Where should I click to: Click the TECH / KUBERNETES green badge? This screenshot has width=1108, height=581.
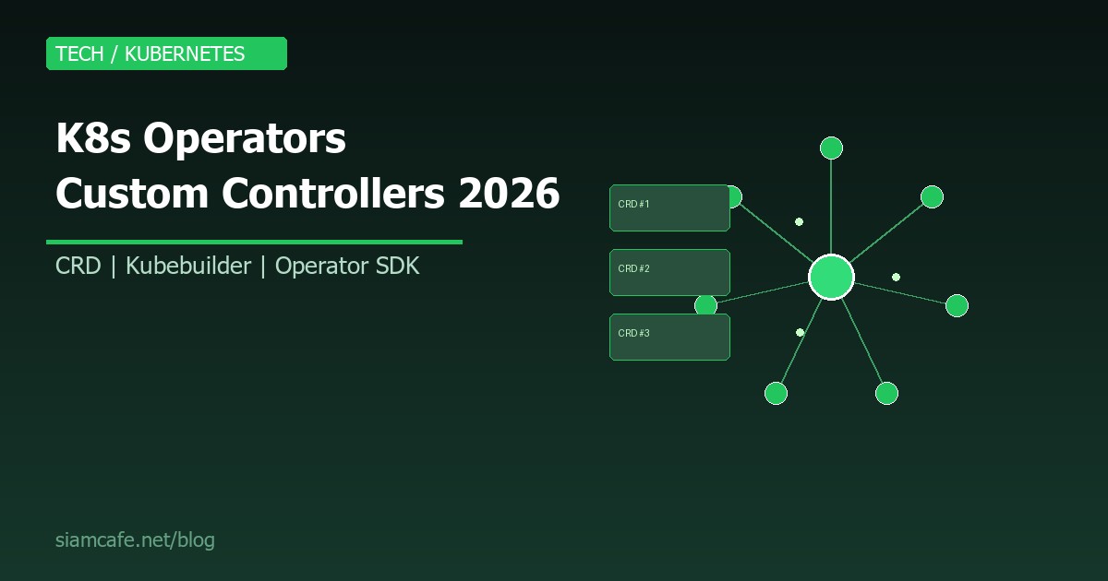pos(166,53)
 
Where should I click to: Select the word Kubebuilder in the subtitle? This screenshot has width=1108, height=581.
pos(188,267)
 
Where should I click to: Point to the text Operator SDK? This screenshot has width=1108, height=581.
pos(347,267)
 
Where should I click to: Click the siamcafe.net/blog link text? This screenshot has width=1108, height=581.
pos(135,540)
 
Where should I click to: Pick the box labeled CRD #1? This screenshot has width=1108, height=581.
pos(669,207)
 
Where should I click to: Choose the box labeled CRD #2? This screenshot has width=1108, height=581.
pos(669,272)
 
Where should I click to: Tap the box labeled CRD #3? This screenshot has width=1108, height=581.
pos(669,337)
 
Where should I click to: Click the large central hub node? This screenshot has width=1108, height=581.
pos(831,277)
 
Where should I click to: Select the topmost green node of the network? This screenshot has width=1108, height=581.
pos(831,148)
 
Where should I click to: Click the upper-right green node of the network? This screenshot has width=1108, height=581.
pos(932,196)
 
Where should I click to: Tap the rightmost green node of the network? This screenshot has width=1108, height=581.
pos(957,305)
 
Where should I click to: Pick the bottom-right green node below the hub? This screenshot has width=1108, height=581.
pos(886,394)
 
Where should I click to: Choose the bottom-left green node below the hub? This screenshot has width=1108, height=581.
pos(776,394)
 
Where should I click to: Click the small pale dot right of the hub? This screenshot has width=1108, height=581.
pos(896,277)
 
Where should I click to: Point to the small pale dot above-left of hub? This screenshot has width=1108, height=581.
pos(799,221)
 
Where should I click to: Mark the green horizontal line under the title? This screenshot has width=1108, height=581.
pos(254,243)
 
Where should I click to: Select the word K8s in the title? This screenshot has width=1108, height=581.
pos(93,139)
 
